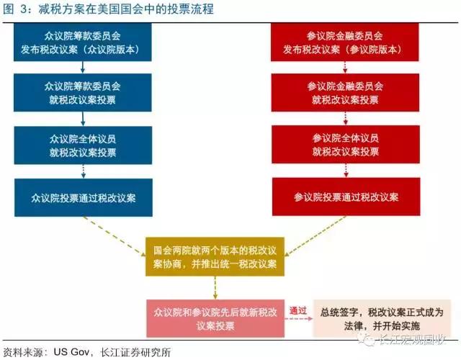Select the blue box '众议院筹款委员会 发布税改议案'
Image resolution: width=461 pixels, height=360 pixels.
tap(83, 42)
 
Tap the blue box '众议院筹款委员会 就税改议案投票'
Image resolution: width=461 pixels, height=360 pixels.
tap(83, 93)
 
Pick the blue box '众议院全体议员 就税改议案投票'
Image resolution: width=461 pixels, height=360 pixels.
tap(84, 145)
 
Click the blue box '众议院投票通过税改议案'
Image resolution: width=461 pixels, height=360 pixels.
tap(84, 197)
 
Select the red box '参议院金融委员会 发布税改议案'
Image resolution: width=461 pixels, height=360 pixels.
tap(344, 42)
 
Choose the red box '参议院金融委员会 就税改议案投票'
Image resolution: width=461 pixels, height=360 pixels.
tap(345, 93)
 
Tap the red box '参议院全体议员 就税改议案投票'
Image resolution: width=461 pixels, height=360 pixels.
tap(346, 144)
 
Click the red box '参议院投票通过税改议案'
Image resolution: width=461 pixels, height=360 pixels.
tap(346, 197)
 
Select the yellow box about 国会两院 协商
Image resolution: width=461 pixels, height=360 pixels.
tap(215, 256)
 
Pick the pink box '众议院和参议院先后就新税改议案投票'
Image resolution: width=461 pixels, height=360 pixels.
tap(215, 318)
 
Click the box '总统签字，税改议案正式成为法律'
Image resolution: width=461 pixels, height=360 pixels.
tap(382, 318)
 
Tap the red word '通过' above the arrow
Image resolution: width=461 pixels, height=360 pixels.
tap(297, 310)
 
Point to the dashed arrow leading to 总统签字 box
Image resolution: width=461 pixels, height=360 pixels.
tap(298, 318)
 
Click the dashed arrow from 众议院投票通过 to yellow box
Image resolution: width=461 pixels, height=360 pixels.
tap(115, 236)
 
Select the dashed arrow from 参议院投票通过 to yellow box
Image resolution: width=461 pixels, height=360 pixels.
tap(315, 236)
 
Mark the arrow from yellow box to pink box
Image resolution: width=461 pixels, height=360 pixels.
tap(215, 288)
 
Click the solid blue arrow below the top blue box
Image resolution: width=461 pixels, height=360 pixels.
tap(83, 67)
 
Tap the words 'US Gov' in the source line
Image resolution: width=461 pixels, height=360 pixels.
tap(71, 352)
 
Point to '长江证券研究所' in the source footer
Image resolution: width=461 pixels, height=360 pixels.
tap(135, 352)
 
